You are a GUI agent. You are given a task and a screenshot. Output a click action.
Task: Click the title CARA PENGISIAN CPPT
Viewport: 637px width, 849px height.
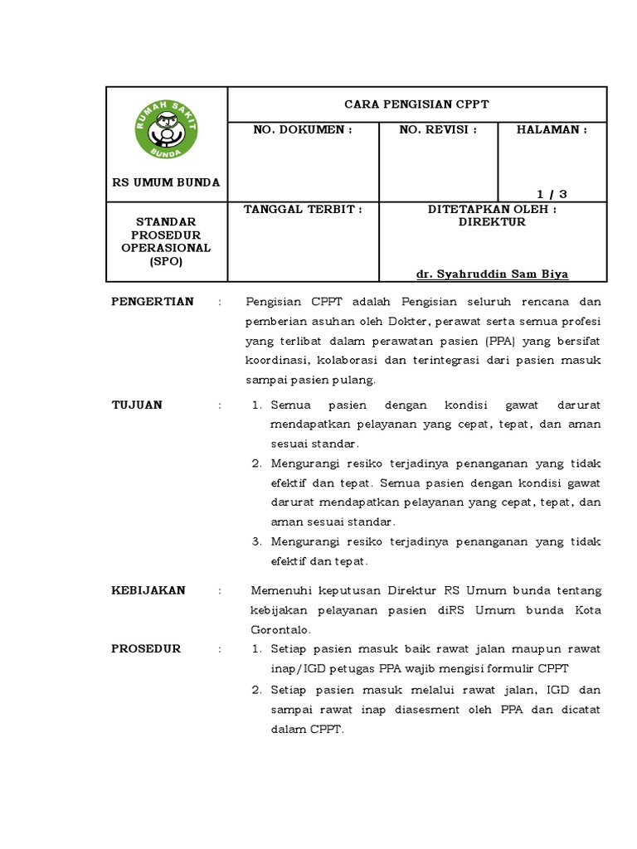[x=417, y=104]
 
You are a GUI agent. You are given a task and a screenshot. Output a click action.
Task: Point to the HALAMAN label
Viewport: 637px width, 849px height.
[x=552, y=130]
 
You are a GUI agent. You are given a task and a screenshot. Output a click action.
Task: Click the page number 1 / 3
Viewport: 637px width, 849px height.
[x=552, y=193]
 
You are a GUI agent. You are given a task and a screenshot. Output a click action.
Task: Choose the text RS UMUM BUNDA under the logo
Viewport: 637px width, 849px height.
[x=167, y=182]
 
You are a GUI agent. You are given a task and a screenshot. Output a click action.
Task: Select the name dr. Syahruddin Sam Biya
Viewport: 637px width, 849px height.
[x=492, y=274]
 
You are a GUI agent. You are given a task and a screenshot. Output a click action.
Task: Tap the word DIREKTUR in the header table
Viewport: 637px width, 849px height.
[x=493, y=222]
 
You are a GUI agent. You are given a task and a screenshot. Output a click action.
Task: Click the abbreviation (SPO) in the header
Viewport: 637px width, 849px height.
[x=166, y=261]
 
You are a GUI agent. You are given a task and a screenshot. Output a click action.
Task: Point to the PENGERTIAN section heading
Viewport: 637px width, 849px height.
[x=153, y=301]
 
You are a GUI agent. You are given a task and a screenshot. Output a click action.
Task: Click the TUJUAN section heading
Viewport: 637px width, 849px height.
[x=137, y=405]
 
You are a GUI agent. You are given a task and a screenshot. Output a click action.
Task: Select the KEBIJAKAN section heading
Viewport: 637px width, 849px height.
[x=148, y=590]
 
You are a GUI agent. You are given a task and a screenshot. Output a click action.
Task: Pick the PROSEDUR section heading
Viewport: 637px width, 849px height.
[x=146, y=648]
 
